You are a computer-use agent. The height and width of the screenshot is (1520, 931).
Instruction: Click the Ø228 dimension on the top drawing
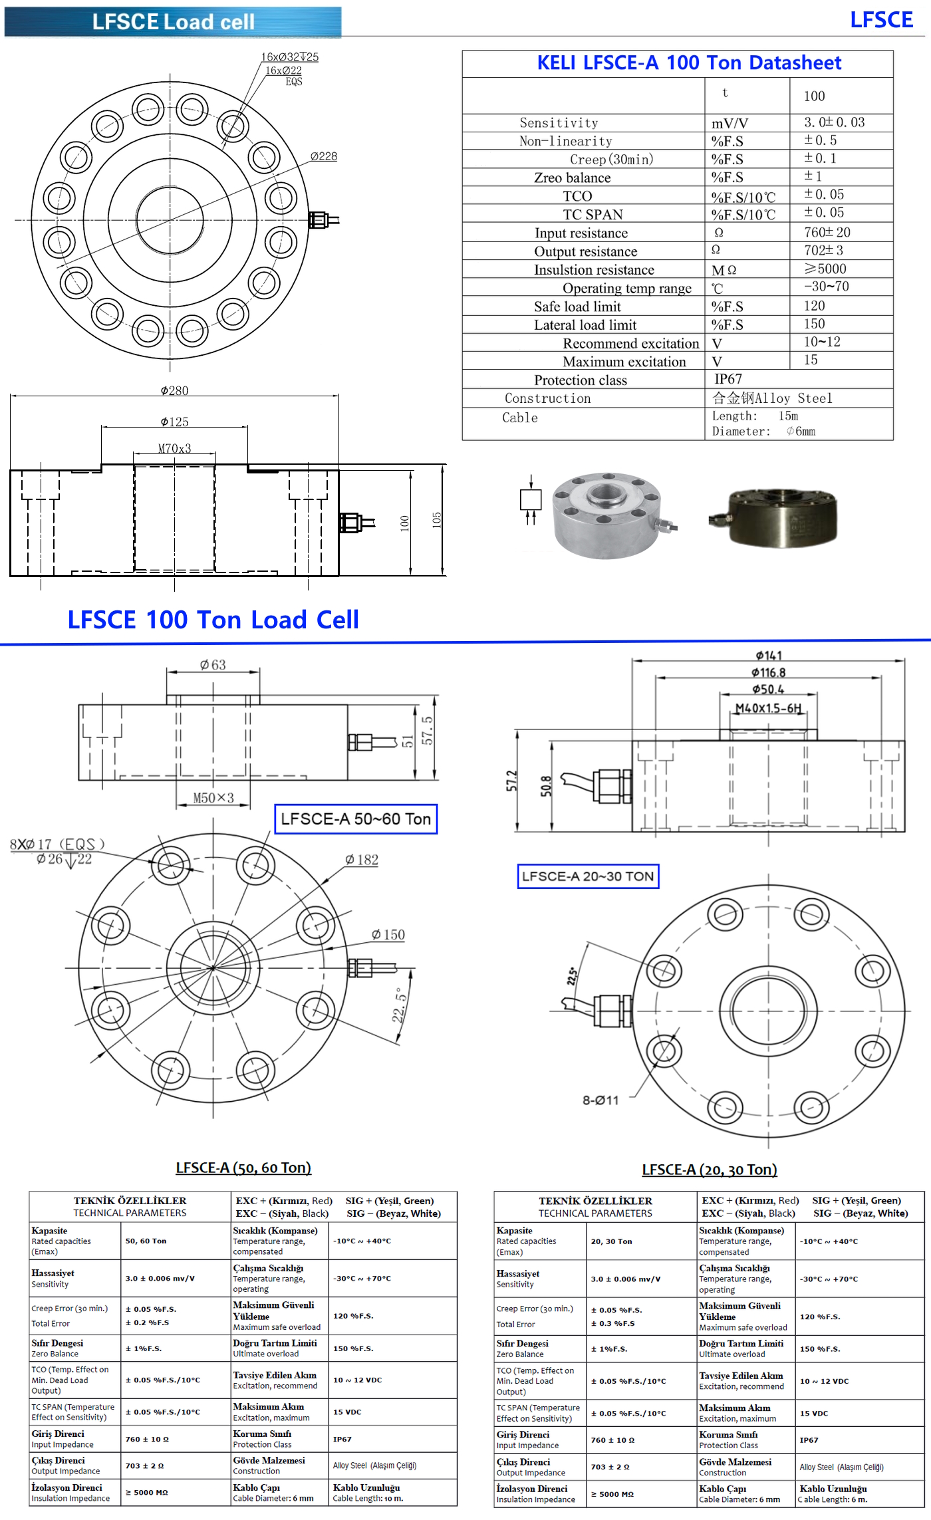324,156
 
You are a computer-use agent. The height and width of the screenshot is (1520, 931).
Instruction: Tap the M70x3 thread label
174,449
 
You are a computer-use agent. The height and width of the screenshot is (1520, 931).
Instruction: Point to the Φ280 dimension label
174,390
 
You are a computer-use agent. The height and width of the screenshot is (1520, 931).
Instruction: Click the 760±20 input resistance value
827,232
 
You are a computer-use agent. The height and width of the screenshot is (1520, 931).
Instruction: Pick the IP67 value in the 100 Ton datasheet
728,379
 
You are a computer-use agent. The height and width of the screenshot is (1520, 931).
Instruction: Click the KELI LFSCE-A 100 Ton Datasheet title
689,63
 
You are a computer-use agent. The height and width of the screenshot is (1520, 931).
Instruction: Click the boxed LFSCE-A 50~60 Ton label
356,819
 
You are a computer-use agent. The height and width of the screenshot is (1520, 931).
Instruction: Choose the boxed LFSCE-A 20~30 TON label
588,876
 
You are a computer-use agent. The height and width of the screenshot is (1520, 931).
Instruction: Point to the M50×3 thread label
213,798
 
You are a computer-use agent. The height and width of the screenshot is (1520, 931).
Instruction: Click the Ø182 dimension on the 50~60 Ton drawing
362,860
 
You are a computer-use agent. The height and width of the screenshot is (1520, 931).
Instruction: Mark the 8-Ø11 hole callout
600,1100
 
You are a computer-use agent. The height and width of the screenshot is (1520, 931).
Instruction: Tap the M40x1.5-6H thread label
768,708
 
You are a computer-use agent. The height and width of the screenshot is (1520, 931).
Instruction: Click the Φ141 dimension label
769,656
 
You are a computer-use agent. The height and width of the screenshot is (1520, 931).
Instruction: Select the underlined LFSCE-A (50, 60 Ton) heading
243,1168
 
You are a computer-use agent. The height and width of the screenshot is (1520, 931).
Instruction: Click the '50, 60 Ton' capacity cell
146,1241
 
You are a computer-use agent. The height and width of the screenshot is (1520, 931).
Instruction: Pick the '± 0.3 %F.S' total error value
613,1323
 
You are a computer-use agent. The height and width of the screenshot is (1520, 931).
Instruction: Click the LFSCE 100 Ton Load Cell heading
213,620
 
